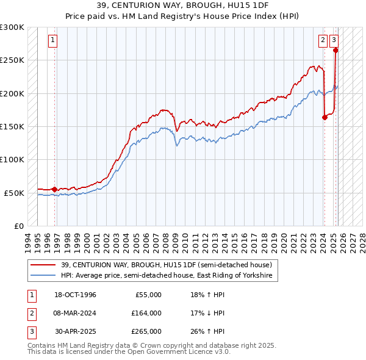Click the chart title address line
click(x=182, y=5)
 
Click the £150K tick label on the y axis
click(x=12, y=126)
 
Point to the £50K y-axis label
click(x=14, y=192)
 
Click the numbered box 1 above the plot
click(x=54, y=41)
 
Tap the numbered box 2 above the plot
click(x=322, y=41)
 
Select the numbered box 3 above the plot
click(x=335, y=41)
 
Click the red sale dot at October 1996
click(x=54, y=189)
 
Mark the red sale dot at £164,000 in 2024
click(x=325, y=118)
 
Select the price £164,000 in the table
click(x=146, y=313)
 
